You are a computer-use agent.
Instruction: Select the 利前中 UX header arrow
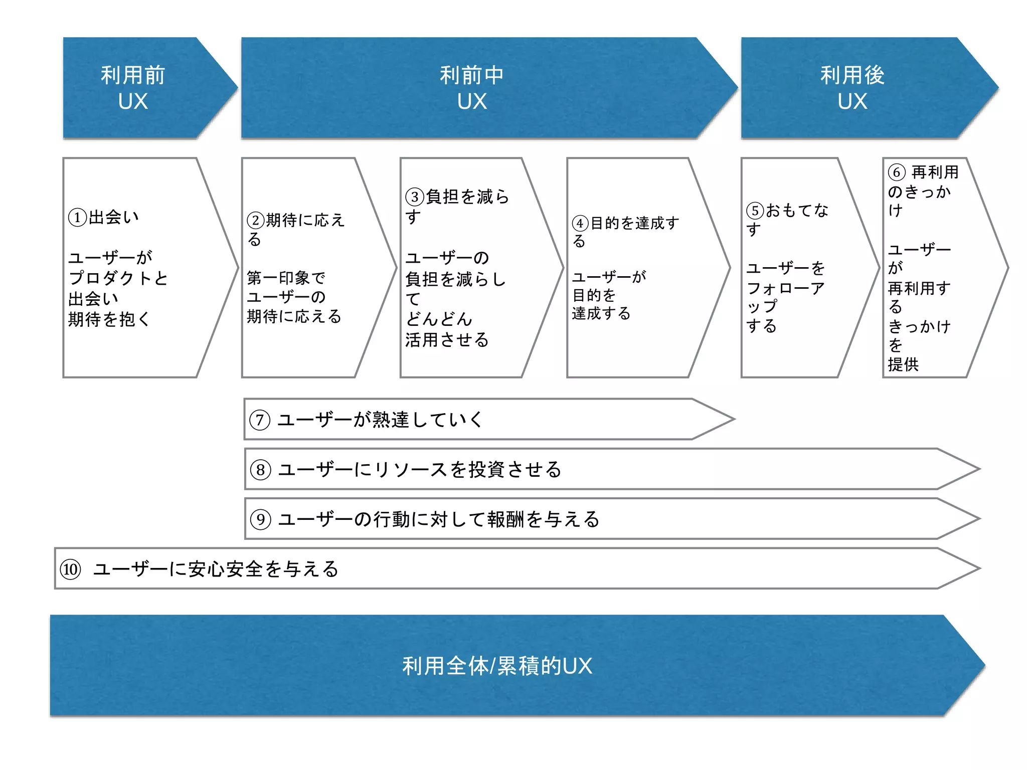click(471, 88)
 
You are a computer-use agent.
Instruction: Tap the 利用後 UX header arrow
click(852, 88)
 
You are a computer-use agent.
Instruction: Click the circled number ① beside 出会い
click(77, 218)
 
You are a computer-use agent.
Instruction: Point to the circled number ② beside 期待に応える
click(255, 221)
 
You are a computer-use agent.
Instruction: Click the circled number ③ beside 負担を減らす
click(415, 197)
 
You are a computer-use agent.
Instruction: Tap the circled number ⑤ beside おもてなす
click(755, 211)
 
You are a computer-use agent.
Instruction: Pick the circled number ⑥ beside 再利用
click(897, 172)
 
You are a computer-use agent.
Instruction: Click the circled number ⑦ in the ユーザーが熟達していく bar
click(260, 420)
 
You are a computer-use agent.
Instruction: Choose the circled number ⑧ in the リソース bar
click(261, 470)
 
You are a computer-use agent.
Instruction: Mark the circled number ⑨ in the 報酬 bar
click(261, 519)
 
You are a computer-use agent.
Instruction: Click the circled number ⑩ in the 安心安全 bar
click(70, 569)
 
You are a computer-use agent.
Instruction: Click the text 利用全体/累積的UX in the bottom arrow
click(497, 666)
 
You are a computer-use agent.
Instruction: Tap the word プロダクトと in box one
click(118, 278)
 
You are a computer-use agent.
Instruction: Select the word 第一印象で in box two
click(286, 278)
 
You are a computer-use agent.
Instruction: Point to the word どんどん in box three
click(439, 319)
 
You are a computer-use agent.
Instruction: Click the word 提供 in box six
click(903, 364)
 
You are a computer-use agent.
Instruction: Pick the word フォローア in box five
click(785, 288)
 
